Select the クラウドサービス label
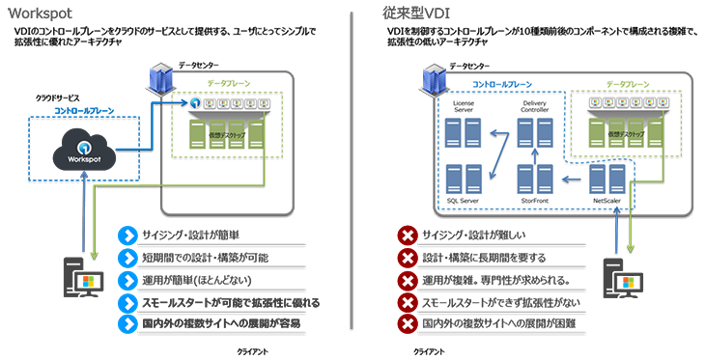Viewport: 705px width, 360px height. pyautogui.click(x=57, y=98)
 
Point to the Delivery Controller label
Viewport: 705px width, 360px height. pyautogui.click(x=533, y=107)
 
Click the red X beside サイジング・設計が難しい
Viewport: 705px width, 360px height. pyautogui.click(x=408, y=235)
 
